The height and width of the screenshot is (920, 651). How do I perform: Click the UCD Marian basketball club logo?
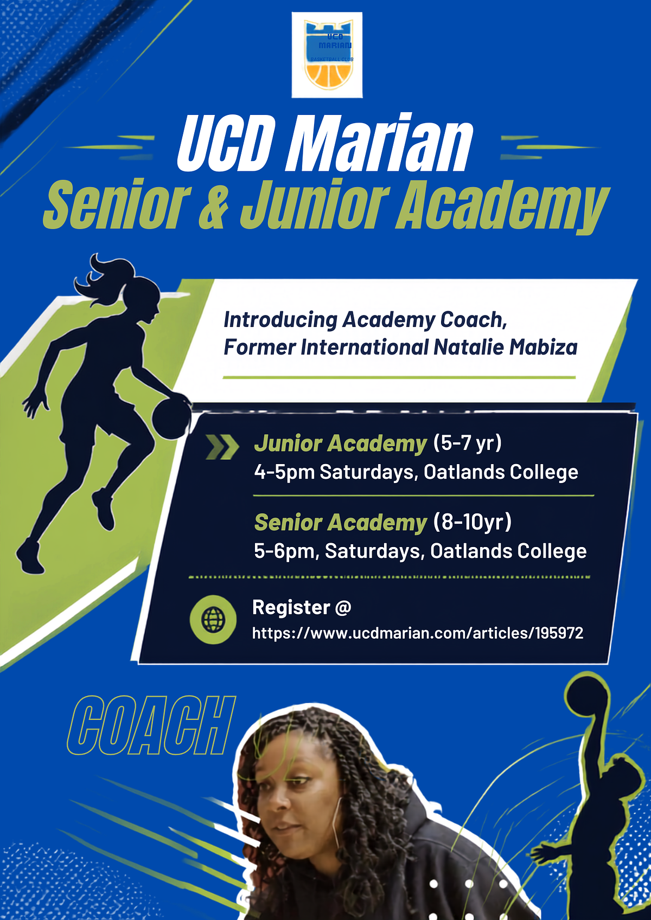pos(327,55)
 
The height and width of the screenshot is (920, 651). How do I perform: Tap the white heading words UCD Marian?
pos(325,143)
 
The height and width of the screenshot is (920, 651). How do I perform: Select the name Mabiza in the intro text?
pos(544,347)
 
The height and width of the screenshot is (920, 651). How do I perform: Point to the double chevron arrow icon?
pos(222,446)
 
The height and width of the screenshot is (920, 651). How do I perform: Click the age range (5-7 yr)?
pos(468,443)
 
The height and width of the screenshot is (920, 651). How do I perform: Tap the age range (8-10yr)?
pos(473,522)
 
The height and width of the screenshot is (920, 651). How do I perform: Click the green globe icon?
pos(213,620)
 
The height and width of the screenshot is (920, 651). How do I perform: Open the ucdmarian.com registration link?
pos(418,633)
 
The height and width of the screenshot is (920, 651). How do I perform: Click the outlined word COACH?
pos(151,725)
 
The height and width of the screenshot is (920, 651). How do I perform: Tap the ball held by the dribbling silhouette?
pos(171,419)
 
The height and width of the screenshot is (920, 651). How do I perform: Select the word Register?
pos(291,607)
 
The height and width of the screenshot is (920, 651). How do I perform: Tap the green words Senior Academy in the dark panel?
pos(341,523)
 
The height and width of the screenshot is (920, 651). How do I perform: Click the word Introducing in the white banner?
pos(280,320)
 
